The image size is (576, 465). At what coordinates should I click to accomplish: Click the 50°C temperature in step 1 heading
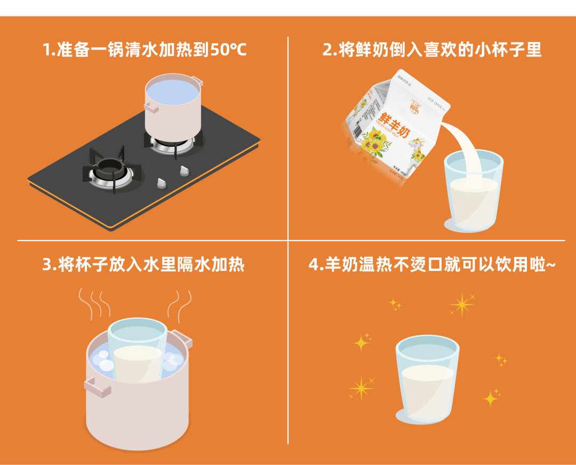[x=228, y=50]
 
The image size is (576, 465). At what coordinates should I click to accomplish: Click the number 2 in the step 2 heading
[x=327, y=50]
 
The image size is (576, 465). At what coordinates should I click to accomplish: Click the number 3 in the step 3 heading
[x=47, y=265]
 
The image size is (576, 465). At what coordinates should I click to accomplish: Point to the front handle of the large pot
[x=97, y=387]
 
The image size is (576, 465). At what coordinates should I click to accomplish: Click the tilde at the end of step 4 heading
[x=551, y=264]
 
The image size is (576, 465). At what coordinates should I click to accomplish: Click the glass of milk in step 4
[x=427, y=380]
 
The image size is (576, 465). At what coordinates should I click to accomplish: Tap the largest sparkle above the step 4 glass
[x=462, y=304]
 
